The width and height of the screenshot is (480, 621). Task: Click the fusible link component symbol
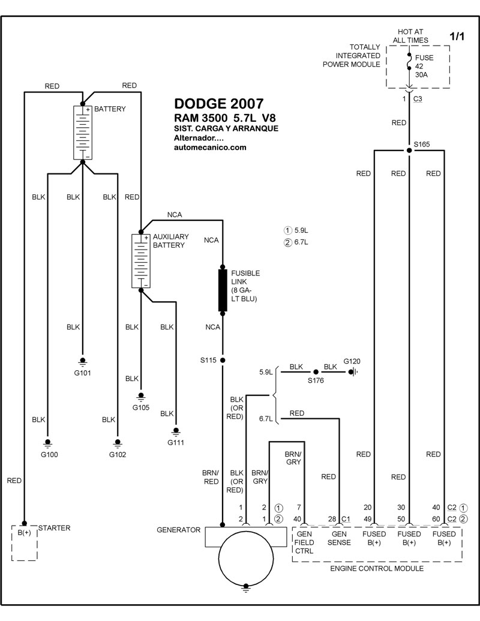pyautogui.click(x=223, y=290)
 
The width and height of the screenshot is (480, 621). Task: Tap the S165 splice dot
pyautogui.click(x=409, y=151)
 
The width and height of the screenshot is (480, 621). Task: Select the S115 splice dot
pyautogui.click(x=223, y=361)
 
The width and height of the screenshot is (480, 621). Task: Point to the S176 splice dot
pyautogui.click(x=316, y=372)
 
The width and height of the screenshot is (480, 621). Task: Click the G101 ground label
pyautogui.click(x=82, y=373)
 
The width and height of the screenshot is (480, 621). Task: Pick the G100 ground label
pyautogui.click(x=49, y=455)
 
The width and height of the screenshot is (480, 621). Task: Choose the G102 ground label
pyautogui.click(x=118, y=455)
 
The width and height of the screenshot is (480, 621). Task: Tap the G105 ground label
pyautogui.click(x=140, y=407)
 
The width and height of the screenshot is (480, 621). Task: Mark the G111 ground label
pyautogui.click(x=175, y=442)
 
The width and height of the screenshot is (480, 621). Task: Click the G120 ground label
pyautogui.click(x=352, y=361)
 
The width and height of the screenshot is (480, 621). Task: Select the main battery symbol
pyautogui.click(x=83, y=133)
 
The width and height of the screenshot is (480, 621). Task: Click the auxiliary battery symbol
pyautogui.click(x=141, y=261)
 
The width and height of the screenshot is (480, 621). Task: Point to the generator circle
pyautogui.click(x=246, y=558)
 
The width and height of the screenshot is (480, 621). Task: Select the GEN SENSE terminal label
pyautogui.click(x=339, y=538)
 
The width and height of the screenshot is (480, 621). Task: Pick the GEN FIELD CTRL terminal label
pyautogui.click(x=304, y=542)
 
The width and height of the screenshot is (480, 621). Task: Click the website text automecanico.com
pyautogui.click(x=210, y=148)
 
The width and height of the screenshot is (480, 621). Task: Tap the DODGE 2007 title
pyautogui.click(x=218, y=104)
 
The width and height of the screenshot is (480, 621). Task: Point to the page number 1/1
pyautogui.click(x=457, y=37)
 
